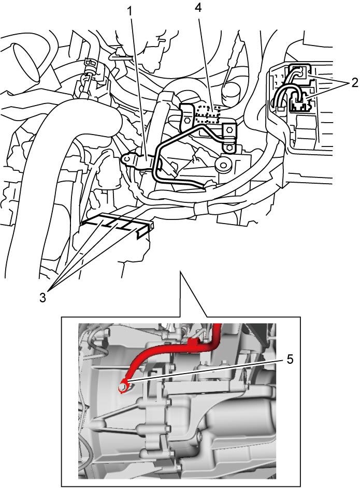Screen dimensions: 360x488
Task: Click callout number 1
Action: [x=131, y=11]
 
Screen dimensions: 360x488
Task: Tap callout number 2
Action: [x=354, y=82]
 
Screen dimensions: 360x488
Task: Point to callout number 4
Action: [x=198, y=7]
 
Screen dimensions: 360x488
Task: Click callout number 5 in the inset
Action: [x=290, y=360]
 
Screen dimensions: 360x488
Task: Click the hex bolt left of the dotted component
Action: [x=187, y=120]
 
